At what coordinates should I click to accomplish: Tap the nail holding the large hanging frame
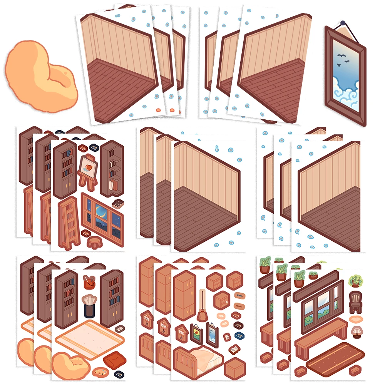(342, 23)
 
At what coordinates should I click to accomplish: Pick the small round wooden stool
(94, 242)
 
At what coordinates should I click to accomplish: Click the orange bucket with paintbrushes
(89, 282)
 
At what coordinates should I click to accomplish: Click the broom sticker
(201, 308)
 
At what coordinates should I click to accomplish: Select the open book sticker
(234, 350)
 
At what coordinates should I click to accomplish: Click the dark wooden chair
(354, 302)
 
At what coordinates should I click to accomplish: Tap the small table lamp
(357, 331)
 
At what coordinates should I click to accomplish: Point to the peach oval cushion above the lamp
(357, 320)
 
